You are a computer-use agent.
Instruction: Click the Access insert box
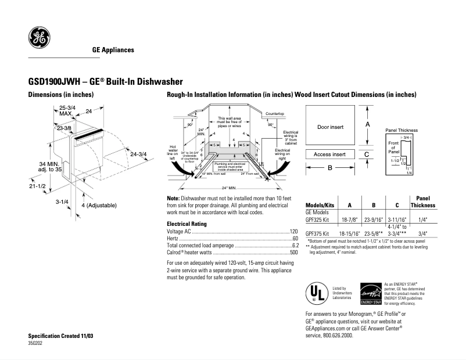tap(330, 154)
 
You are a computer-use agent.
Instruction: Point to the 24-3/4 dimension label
tap(139, 154)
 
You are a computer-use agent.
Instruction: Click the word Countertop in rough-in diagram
tap(274, 113)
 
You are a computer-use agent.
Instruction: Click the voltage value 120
tap(293, 231)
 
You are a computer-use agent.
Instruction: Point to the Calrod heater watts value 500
tap(293, 253)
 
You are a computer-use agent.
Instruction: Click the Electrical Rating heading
tap(187, 224)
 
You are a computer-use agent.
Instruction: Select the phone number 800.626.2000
tap(337, 336)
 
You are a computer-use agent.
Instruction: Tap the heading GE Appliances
tap(113, 50)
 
